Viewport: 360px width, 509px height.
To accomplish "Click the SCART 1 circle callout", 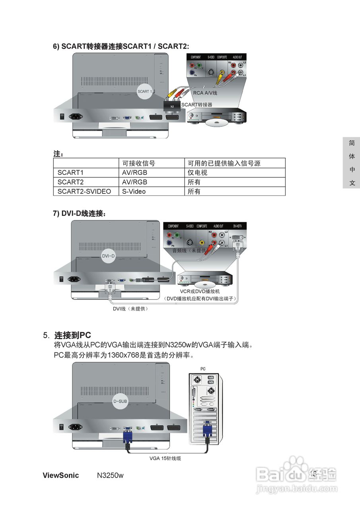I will coord(144,91).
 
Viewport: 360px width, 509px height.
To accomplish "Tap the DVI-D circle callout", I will coord(108,256).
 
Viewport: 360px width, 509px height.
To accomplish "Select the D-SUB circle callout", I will coord(120,402).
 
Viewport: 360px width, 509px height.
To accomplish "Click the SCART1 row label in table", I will coord(70,173).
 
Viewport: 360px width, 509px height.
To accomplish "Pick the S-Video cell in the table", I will coord(134,191).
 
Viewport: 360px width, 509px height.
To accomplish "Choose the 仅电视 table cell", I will coord(197,173).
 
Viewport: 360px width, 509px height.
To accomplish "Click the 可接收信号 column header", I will coord(138,163).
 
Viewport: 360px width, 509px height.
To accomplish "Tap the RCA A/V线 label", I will coord(205,93).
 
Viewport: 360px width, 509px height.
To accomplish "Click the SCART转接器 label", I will coord(197,105).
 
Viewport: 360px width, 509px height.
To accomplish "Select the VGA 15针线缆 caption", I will coord(165,458).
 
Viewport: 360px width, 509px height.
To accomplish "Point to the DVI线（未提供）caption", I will coord(130,308).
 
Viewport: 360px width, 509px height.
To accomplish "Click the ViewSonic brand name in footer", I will coord(60,475).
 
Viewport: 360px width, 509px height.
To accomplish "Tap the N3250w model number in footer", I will coord(110,475).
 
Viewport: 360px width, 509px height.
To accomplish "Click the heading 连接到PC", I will coord(73,335).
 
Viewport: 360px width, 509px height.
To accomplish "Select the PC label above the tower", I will coord(203,369).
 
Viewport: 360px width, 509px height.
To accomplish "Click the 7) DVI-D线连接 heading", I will coord(80,214).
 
